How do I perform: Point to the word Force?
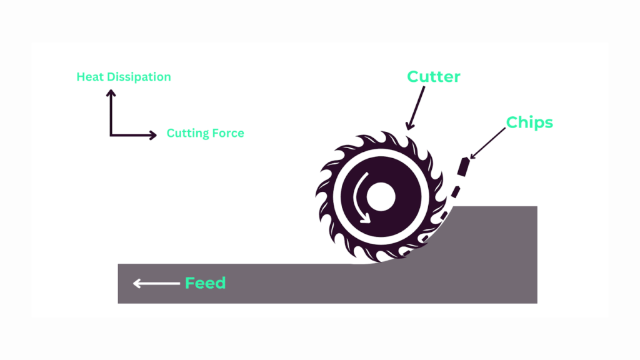(x=227, y=133)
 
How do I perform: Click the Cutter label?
(x=433, y=77)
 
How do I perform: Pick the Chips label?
(x=529, y=122)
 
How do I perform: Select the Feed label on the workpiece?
(x=205, y=283)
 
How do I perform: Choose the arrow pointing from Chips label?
(x=487, y=144)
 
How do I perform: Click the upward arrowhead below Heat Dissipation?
(x=111, y=94)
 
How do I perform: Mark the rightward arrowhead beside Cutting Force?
(x=152, y=134)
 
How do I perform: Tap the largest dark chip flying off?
(x=464, y=167)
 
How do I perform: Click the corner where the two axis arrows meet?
(x=111, y=134)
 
